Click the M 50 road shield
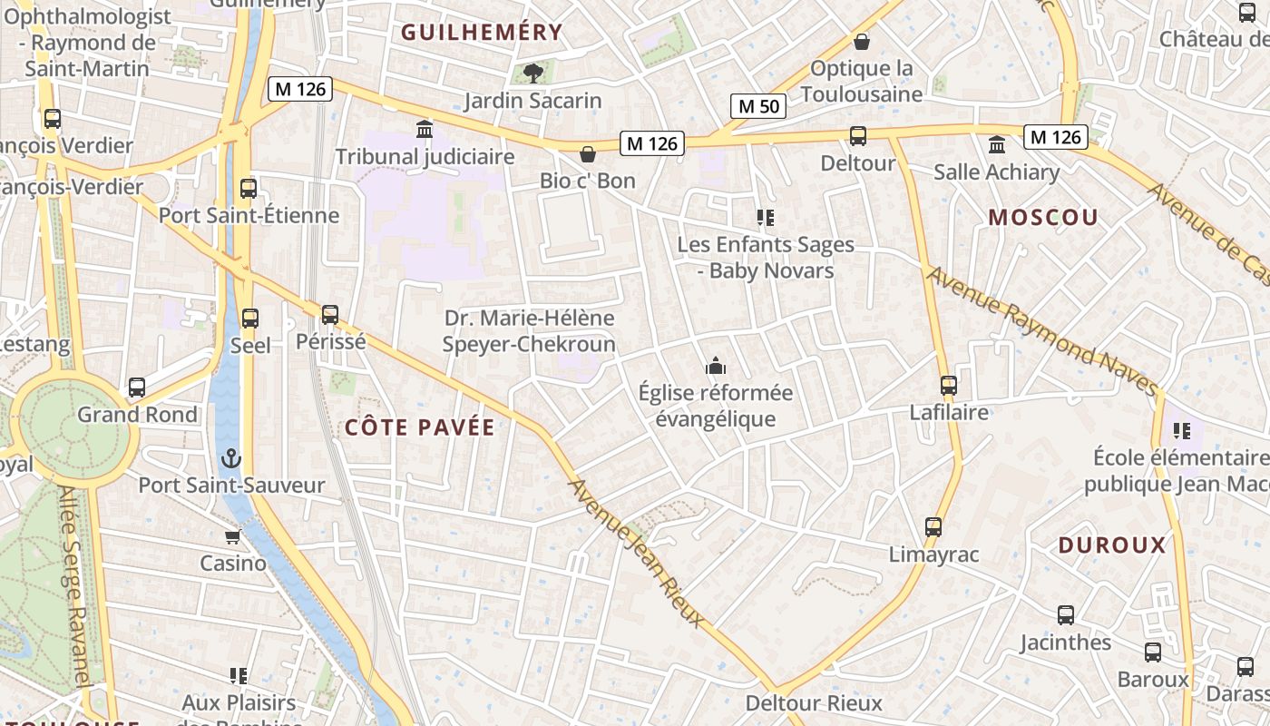point(758,106)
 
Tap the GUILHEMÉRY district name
point(482,33)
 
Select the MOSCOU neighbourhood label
point(1043,218)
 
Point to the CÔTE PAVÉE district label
point(420,427)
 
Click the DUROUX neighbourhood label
point(1112,545)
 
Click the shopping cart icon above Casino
point(233,536)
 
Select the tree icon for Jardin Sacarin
point(532,74)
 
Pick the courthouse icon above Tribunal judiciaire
point(425,129)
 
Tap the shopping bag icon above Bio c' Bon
point(588,154)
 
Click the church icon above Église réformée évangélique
point(715,367)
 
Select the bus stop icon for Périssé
point(330,315)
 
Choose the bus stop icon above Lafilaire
point(949,386)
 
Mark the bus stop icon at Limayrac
point(933,527)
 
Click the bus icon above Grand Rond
point(137,388)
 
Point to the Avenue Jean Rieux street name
point(635,553)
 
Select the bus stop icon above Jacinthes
point(1066,615)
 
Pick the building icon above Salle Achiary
point(997,145)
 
